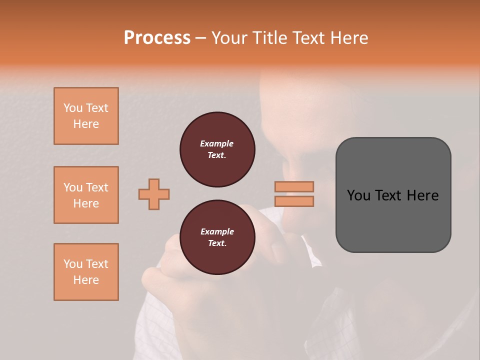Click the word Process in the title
click(157, 37)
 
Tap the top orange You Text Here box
click(86, 116)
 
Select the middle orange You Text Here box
click(86, 195)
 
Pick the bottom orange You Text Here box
click(86, 272)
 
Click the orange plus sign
click(154, 194)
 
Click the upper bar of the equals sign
click(294, 186)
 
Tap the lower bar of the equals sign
click(294, 201)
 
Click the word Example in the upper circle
click(217, 143)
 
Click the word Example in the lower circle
click(217, 231)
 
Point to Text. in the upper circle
click(217, 155)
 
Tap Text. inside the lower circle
click(217, 243)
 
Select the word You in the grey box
click(358, 195)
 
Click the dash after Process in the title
click(200, 38)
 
